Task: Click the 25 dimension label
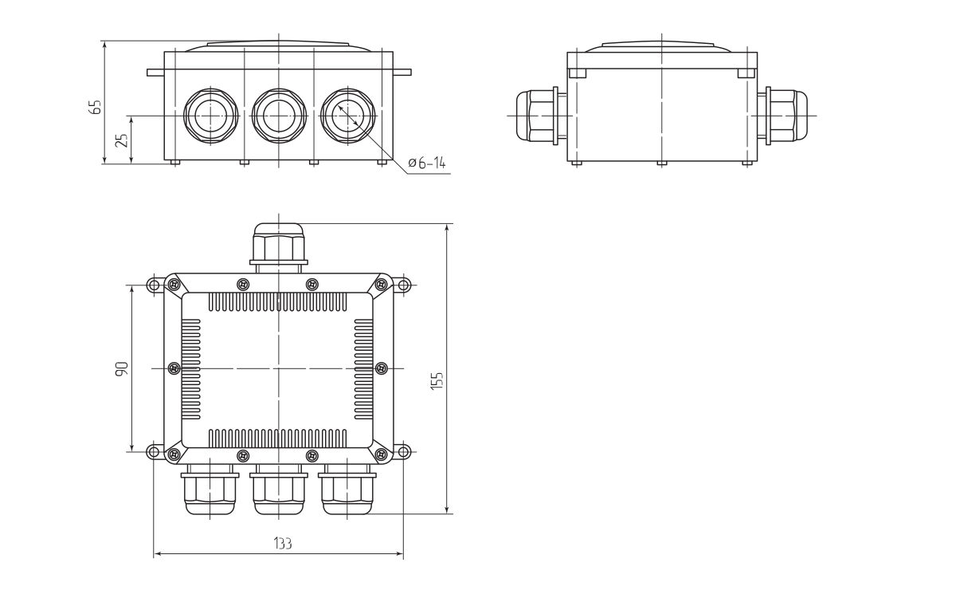pos(121,140)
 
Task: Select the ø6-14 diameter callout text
pos(426,163)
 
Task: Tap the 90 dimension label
pos(121,368)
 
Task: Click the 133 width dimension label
pos(282,544)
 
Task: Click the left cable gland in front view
pos(210,116)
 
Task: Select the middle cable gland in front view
pos(278,116)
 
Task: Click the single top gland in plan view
pos(278,244)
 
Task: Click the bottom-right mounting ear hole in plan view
pos(403,452)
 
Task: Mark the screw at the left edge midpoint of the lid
pos(174,368)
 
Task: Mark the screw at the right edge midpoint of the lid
pos(381,368)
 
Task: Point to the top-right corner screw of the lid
pos(382,284)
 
